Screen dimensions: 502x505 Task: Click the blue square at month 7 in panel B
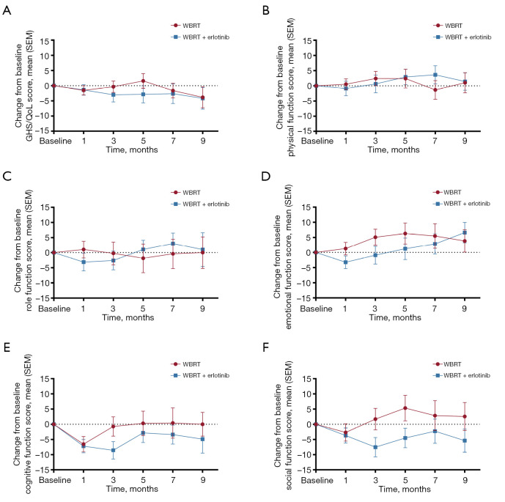coord(435,75)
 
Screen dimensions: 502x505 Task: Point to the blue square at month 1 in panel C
coord(84,262)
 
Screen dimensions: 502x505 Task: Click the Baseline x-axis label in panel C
coord(54,309)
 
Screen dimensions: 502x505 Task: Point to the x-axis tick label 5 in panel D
coord(405,309)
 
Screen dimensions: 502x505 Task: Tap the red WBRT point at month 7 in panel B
coord(435,90)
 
